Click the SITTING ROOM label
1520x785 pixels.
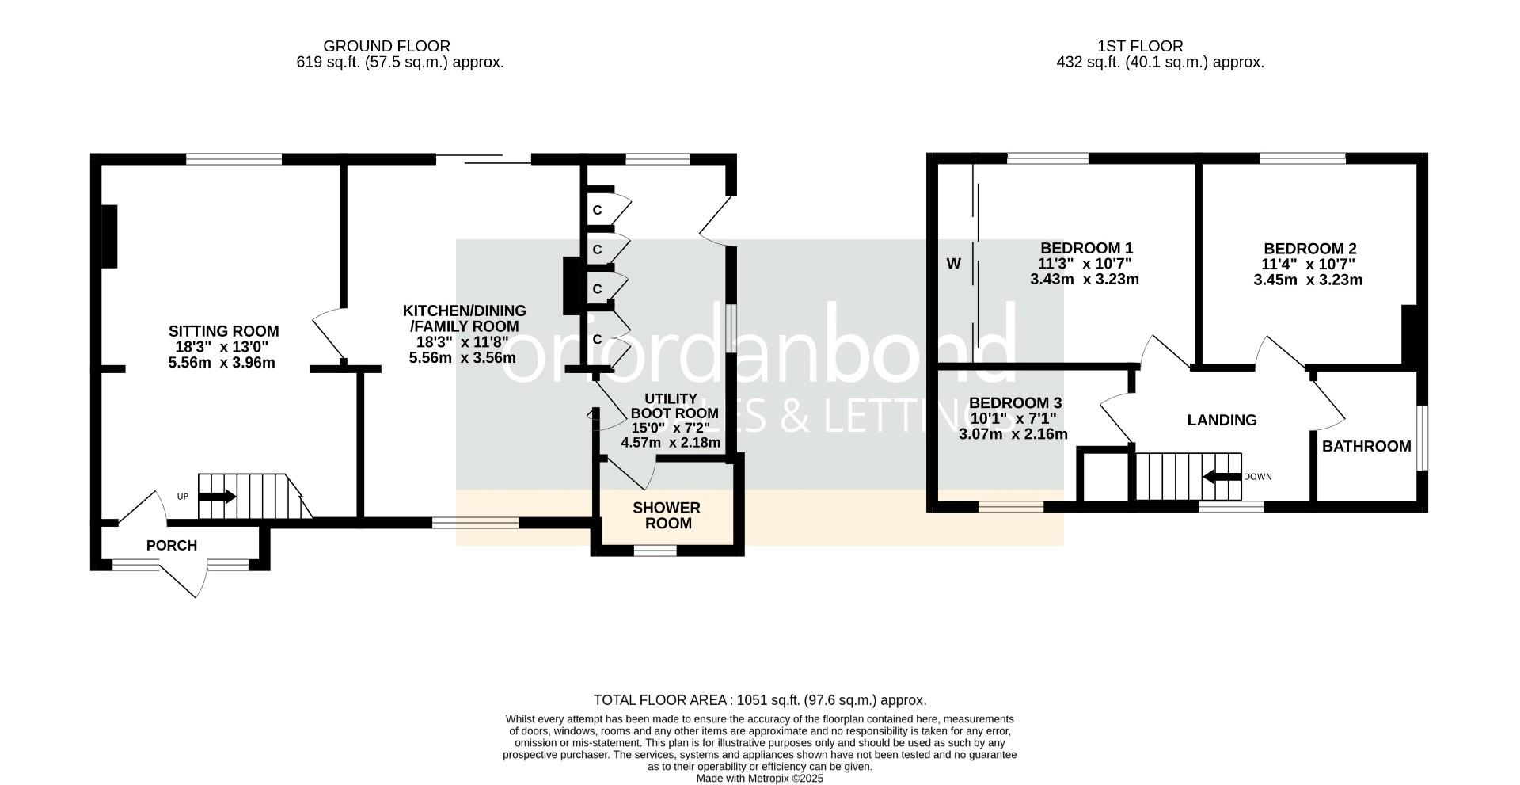click(x=223, y=331)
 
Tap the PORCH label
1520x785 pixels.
click(x=172, y=546)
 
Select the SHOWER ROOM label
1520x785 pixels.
click(x=667, y=516)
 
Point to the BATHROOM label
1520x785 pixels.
click(x=1366, y=446)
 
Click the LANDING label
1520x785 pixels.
click(x=1222, y=420)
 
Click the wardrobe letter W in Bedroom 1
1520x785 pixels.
click(x=954, y=264)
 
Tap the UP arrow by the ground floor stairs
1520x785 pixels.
click(x=217, y=497)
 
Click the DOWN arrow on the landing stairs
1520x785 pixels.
click(x=1222, y=477)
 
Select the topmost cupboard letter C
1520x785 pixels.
click(x=598, y=211)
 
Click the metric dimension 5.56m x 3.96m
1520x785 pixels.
click(x=222, y=363)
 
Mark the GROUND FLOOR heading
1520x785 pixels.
click(x=386, y=47)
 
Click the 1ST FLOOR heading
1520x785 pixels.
click(x=1140, y=47)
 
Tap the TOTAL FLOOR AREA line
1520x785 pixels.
click(x=760, y=700)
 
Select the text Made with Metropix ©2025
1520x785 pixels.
click(x=760, y=779)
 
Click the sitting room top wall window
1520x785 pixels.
click(x=234, y=159)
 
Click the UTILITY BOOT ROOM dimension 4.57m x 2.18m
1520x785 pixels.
click(x=671, y=443)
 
